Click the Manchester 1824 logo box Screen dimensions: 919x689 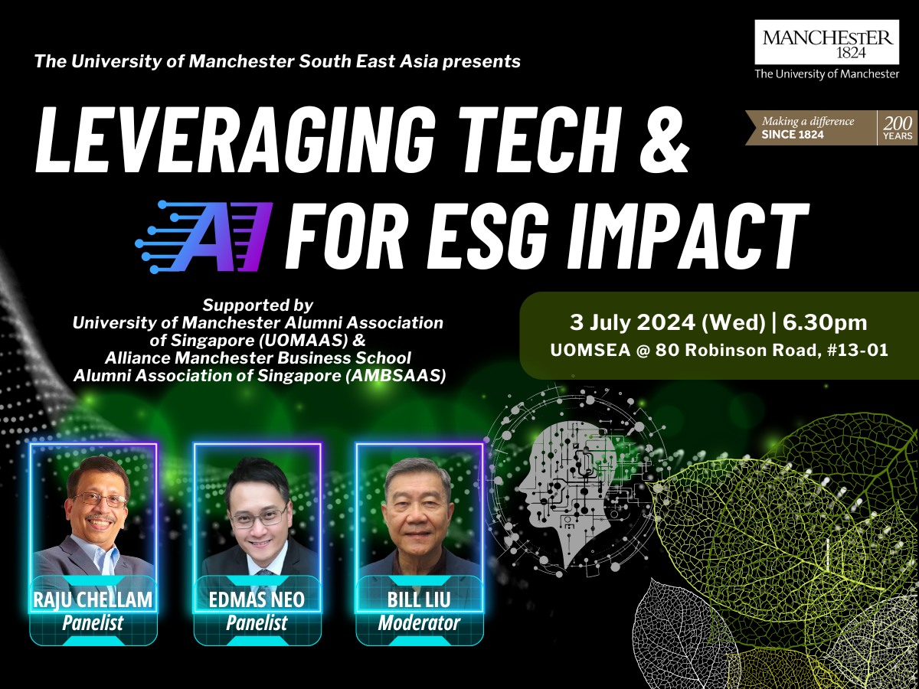pos(828,42)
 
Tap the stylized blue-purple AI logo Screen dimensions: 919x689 pos(204,236)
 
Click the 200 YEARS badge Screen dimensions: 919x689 pos(898,128)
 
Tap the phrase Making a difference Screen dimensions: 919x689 pos(808,121)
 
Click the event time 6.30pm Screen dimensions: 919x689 pos(825,322)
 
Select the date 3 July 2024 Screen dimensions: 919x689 pos(632,322)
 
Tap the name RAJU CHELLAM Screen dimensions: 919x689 pos(93,599)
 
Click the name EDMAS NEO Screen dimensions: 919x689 pos(257,599)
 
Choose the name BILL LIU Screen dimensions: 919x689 pos(419,599)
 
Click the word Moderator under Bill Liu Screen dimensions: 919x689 pos(419,623)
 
